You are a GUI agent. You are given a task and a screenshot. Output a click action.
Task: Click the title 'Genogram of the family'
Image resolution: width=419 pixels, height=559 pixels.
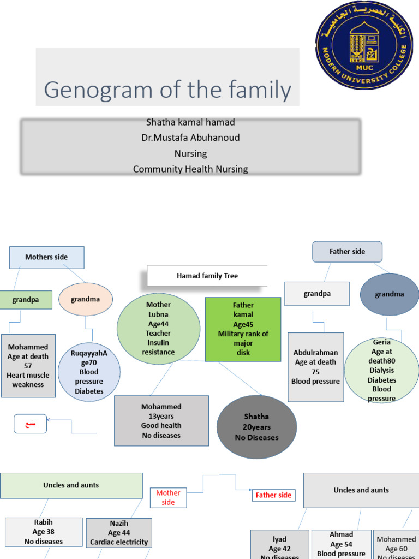[x=167, y=90]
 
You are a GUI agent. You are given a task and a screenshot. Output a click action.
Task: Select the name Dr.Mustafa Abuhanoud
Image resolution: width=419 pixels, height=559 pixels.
[x=190, y=138]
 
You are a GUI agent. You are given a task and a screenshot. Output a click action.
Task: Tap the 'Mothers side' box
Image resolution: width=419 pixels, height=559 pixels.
[x=47, y=257]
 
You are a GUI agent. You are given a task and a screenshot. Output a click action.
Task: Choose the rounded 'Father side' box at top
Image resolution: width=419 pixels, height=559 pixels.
[x=347, y=252]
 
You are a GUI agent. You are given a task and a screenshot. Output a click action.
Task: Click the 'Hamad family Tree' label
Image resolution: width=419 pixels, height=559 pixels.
[x=207, y=276]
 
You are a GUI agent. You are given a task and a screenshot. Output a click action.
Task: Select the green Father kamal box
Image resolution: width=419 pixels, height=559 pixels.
[x=243, y=329]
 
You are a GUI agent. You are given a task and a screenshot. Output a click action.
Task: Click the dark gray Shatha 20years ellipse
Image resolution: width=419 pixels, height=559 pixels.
[x=256, y=427]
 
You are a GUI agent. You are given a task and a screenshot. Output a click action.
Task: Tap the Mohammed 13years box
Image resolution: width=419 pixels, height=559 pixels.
[x=161, y=421]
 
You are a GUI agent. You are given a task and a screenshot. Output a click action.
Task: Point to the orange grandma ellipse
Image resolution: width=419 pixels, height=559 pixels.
[x=86, y=299]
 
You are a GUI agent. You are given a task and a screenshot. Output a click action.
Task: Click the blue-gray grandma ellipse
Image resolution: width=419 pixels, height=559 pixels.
[x=390, y=294]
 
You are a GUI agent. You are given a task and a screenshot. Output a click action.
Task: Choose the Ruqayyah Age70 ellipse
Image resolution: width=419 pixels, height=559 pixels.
[x=89, y=372]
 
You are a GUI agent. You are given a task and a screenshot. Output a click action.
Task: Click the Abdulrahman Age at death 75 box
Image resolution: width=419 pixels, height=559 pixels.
[x=316, y=367]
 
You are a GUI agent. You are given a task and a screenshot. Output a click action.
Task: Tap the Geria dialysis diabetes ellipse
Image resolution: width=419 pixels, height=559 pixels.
[x=381, y=370]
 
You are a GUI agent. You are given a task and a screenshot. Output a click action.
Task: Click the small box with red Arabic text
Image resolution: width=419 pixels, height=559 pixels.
[x=30, y=424]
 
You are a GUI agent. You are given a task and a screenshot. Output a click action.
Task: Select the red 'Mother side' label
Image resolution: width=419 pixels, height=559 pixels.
[x=168, y=497]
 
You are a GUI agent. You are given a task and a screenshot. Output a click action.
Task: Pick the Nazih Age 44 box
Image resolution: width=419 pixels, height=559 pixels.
[x=119, y=533]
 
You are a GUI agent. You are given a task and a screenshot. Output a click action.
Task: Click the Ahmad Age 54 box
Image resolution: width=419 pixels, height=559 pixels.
[x=341, y=544]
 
